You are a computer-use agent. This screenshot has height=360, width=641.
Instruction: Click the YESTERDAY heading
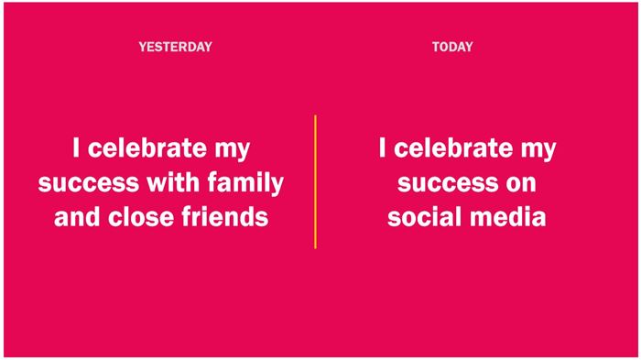coord(176,47)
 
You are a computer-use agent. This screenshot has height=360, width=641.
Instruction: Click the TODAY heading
coord(452,47)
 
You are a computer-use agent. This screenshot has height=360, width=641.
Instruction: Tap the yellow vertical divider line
coord(315,181)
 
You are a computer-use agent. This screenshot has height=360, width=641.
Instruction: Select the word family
coord(245,183)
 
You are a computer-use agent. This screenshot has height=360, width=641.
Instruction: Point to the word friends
coord(225,216)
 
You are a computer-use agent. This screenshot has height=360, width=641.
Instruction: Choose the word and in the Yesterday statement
coord(77,216)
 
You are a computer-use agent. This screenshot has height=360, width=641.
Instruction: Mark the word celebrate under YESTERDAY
coord(147,147)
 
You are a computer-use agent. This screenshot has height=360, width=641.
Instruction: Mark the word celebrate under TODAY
coord(453,147)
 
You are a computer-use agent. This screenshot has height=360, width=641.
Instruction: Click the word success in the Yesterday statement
coord(88,184)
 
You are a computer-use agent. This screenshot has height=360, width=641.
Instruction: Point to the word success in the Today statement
coord(448,184)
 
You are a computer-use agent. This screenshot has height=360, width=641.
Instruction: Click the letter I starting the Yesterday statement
coord(76,147)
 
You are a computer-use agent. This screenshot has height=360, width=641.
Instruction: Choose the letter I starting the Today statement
coord(382,147)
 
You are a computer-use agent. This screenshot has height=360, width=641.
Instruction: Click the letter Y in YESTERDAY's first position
coord(142,47)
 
